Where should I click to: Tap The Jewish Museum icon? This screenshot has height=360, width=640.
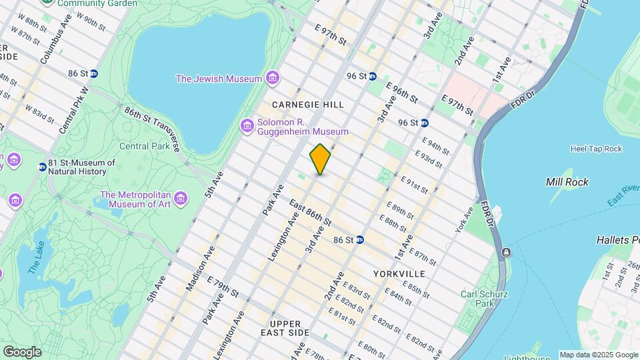point(272,79)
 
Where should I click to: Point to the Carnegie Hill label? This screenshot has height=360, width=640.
point(308,105)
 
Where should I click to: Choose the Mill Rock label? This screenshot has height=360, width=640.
point(567,181)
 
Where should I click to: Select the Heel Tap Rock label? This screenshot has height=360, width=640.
point(596,149)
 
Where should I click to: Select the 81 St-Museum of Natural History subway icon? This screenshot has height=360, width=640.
point(43,167)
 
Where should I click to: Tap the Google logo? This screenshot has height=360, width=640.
point(21,352)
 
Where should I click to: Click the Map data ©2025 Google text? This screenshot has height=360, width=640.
point(598,355)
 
